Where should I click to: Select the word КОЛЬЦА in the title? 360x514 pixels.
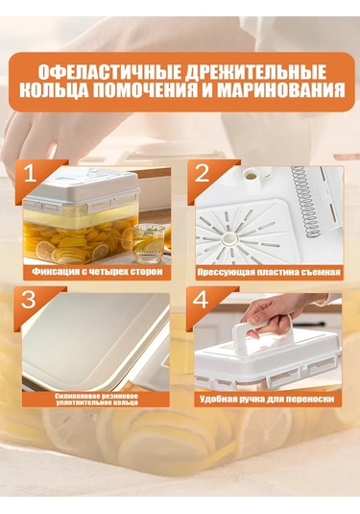(59, 93)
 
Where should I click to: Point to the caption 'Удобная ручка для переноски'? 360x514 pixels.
(267, 397)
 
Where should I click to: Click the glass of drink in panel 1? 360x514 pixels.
(147, 239)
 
